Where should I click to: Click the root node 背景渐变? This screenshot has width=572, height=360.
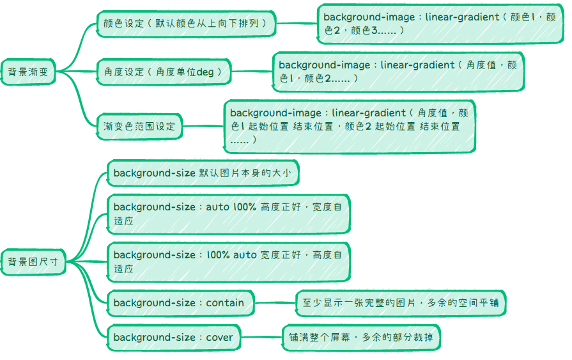pos(28,72)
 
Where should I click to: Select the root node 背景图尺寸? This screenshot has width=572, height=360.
pos(33,262)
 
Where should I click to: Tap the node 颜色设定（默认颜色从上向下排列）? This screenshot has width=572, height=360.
pos(185,24)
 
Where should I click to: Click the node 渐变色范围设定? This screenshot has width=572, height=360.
pos(139,126)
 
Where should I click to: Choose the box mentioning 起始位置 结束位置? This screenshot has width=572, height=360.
pos(349,126)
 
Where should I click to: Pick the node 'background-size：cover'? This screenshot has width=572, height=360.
pos(173,337)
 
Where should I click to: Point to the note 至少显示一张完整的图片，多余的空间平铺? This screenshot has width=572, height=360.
pos(401,302)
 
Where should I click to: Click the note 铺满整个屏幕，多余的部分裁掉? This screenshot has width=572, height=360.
pos(362,337)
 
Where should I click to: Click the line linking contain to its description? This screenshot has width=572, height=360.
pos(275,302)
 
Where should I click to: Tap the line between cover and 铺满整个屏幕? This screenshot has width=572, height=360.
pos(262,337)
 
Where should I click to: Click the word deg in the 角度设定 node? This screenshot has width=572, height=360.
pos(205,72)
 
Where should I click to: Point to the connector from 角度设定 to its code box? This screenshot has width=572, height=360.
pos(252,72)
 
